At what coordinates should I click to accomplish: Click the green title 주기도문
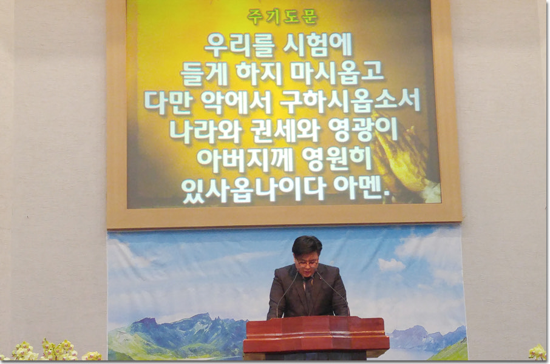282,17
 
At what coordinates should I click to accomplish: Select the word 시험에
317,45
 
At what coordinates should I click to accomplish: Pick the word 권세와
285,130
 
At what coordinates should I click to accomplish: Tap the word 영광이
363,130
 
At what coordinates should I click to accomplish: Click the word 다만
168,102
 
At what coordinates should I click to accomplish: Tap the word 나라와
206,130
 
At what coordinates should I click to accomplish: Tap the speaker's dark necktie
308,295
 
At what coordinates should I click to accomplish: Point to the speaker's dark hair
307,246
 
